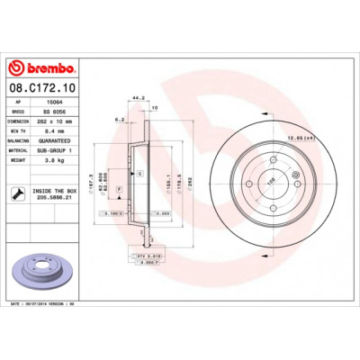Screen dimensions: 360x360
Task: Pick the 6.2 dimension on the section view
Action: click(x=119, y=119)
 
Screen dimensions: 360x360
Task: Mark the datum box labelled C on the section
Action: click(x=139, y=171)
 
